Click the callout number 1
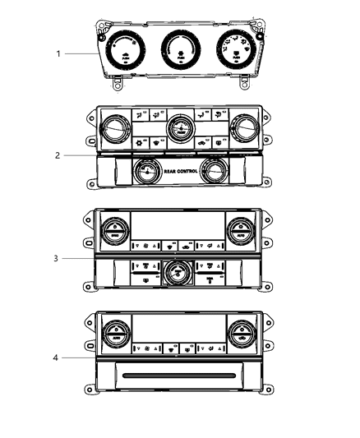(58, 53)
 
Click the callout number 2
(58, 155)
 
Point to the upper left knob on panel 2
(113, 129)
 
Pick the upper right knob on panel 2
(242, 129)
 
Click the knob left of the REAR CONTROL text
(145, 172)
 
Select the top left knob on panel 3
(114, 229)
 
